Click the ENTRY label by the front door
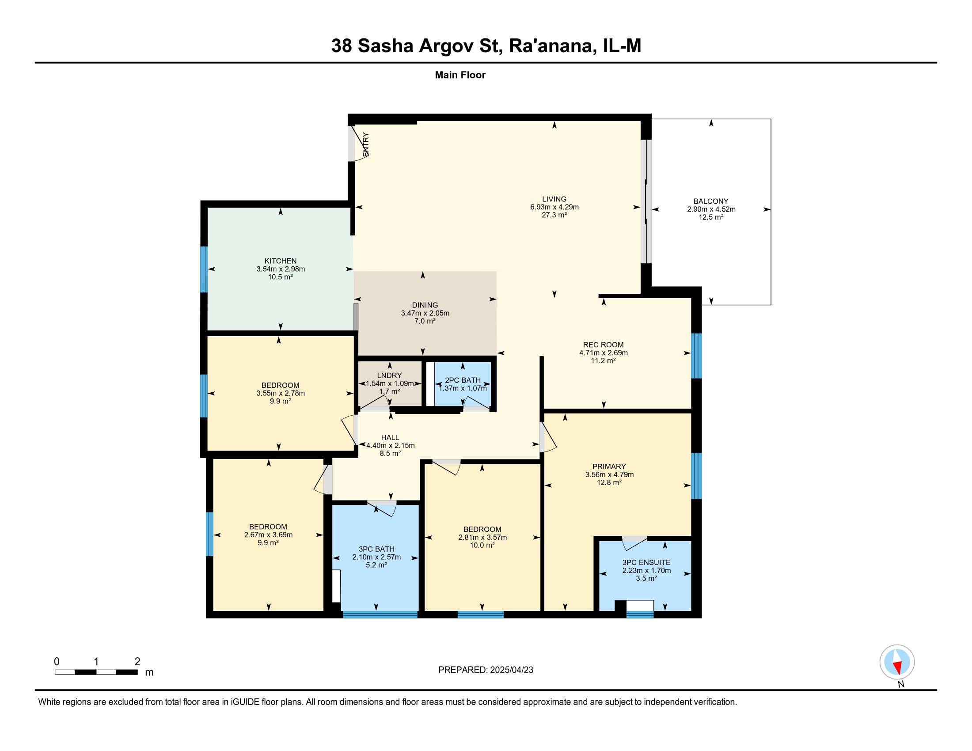point(366,144)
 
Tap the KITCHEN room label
point(281,261)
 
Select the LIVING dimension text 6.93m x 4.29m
point(554,207)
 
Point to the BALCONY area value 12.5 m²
point(711,217)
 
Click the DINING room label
point(425,305)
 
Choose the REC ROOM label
point(603,345)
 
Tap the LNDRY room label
point(389,375)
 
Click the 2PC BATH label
point(463,380)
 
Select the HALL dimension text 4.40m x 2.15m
point(390,445)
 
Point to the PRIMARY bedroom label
point(609,467)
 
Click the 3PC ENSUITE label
point(646,562)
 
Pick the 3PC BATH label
point(376,549)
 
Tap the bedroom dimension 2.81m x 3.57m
point(482,538)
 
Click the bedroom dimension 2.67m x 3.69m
point(268,535)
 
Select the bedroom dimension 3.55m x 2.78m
point(281,393)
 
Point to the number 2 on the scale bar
point(137,662)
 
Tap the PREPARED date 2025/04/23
point(511,670)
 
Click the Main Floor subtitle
point(460,75)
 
